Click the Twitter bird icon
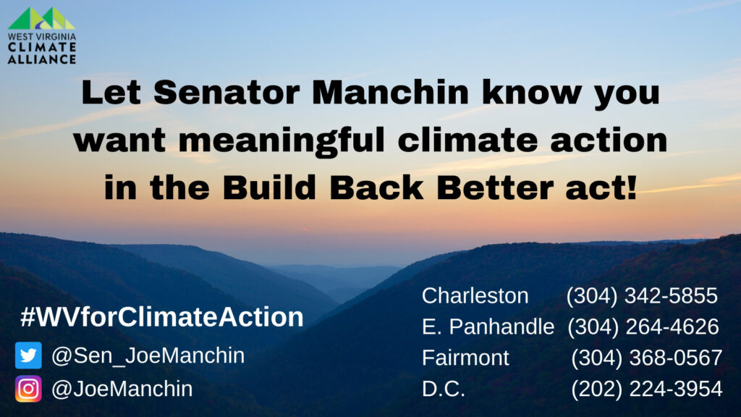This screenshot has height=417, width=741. point(28,355)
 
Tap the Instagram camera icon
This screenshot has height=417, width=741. point(28,389)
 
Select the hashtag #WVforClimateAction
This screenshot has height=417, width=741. point(162,317)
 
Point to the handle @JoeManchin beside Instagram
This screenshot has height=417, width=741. point(122,389)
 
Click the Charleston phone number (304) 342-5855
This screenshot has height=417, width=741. point(642,296)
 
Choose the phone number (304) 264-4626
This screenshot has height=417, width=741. point(643,327)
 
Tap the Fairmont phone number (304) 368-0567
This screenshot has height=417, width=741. point(646,358)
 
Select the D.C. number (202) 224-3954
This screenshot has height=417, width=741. point(646,389)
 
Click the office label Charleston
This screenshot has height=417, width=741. point(475,296)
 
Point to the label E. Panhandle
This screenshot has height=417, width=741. point(488,327)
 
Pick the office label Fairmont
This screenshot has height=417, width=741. point(465,358)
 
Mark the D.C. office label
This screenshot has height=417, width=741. point(444,389)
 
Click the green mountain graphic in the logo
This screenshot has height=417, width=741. point(41,18)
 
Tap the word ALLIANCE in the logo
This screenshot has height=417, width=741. point(41,59)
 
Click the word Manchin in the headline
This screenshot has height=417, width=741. point(390,92)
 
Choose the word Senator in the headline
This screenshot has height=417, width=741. point(226,92)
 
